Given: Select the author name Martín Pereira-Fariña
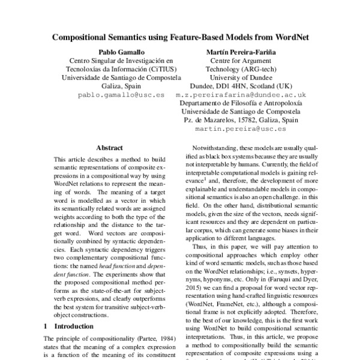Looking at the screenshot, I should [242, 52].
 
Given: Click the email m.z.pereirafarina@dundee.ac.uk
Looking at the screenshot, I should [241, 95].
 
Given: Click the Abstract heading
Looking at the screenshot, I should [109, 148].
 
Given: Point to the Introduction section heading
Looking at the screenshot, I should [76, 327].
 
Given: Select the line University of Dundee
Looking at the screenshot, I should [242, 77].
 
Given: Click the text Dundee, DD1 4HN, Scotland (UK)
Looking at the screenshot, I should [242, 86].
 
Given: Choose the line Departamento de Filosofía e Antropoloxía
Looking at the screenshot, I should [241, 103].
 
